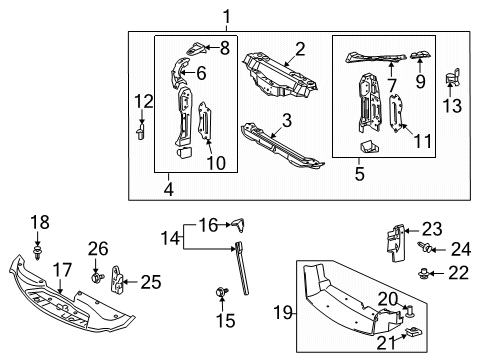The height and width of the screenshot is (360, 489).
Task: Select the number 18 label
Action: coord(39,221)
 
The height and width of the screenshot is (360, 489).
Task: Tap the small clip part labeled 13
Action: coord(458,79)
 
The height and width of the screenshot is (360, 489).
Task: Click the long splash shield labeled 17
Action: coord(70,299)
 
